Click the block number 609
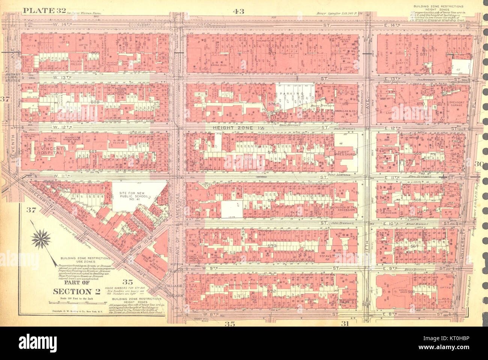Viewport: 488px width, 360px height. (95, 53)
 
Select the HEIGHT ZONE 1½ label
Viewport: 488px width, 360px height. (234, 128)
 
